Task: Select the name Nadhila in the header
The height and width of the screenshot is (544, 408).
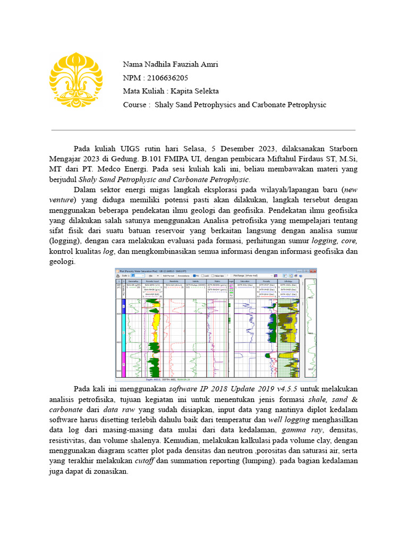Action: [x=159, y=65]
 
